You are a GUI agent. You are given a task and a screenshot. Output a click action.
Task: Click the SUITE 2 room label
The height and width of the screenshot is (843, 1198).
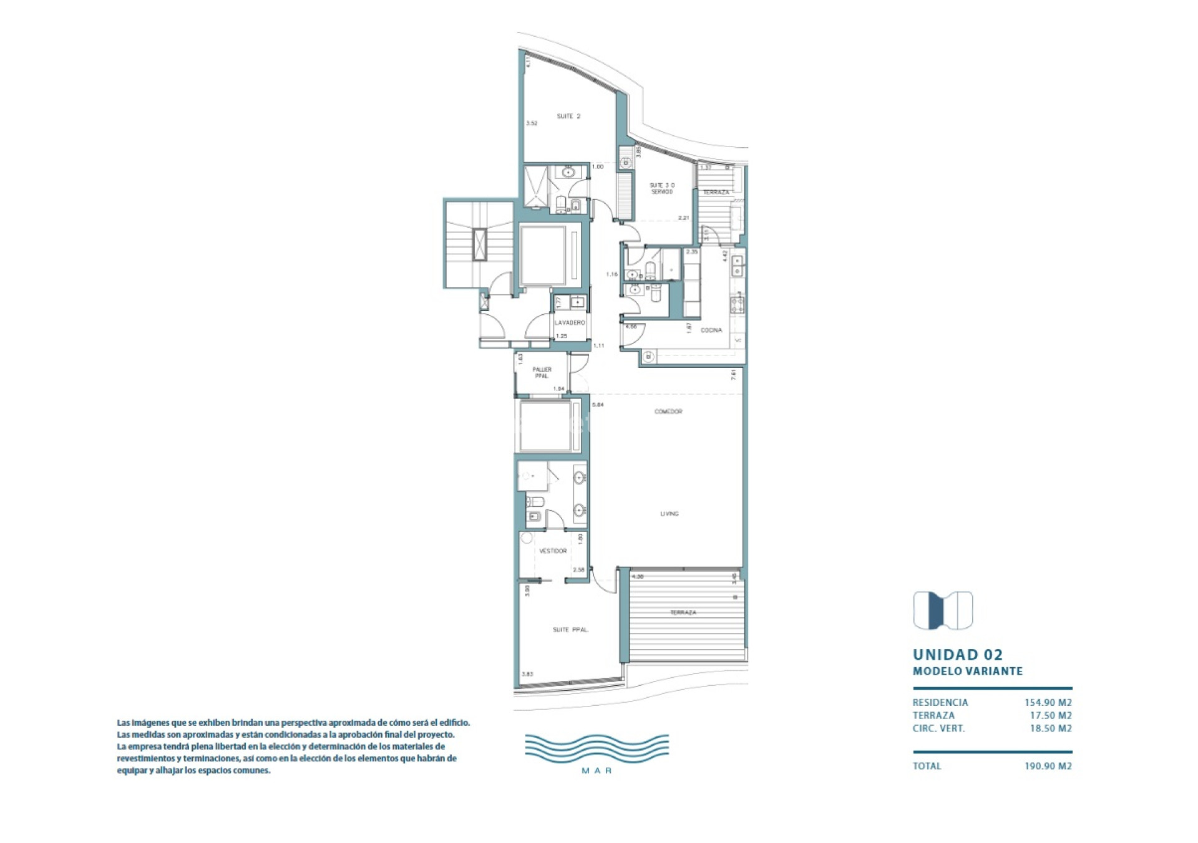pos(568,116)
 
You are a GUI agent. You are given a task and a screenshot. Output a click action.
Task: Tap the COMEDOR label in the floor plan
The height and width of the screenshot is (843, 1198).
pos(668,412)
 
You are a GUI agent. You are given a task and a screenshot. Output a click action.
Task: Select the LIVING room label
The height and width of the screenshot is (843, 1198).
pos(669,514)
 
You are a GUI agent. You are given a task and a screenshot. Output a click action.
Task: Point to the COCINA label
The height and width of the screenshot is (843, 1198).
pos(711,330)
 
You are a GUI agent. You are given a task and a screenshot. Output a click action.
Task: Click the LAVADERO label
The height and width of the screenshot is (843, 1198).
pos(570,323)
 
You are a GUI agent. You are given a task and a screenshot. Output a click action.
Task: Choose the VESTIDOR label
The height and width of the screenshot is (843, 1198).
pos(553,551)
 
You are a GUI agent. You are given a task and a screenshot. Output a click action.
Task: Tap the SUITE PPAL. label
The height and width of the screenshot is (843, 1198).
pos(570,630)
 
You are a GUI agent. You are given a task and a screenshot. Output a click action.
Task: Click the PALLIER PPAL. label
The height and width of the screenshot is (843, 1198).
pos(542,373)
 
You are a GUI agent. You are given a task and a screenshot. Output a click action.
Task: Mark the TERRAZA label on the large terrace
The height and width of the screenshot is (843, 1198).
pos(683,613)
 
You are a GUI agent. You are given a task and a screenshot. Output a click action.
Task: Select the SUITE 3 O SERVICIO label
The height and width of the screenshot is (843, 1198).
pos(661,188)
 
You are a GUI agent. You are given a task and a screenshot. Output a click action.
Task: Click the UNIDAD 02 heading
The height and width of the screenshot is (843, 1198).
pos(957,655)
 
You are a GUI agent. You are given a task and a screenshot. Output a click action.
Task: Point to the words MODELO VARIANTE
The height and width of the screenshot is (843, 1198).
pos(967,672)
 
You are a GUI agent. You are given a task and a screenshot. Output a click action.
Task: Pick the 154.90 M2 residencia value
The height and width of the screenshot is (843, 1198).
pos(1048,703)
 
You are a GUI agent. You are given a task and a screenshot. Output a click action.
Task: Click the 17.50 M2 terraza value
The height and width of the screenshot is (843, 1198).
pos(1050,716)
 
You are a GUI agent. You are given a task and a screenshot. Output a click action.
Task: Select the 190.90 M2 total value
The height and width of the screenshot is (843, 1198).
pos(1048,766)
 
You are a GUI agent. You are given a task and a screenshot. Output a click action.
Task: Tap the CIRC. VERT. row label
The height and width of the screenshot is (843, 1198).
pos(938,728)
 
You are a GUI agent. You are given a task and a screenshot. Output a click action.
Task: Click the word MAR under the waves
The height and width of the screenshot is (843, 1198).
pos(597,771)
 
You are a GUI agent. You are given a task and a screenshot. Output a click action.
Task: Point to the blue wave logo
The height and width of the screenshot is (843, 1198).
pos(597,748)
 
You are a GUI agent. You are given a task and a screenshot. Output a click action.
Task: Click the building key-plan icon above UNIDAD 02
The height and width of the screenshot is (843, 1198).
pos(943,610)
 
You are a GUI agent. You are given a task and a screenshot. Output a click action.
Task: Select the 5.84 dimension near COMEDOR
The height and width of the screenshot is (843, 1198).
pos(597,405)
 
